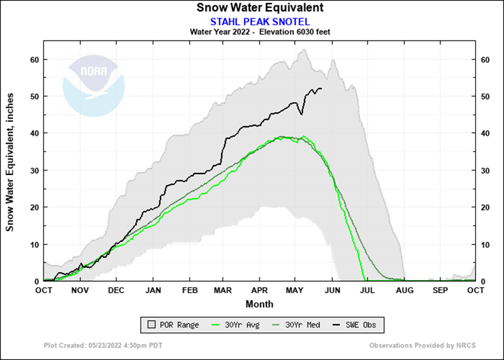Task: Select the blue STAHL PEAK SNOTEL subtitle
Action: click(259, 21)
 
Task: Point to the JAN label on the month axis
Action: click(152, 291)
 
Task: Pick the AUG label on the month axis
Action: click(404, 291)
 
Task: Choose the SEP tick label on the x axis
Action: click(440, 291)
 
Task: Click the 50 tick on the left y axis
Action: click(36, 97)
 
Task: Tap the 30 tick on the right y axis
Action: click(485, 171)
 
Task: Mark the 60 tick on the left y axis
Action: click(36, 59)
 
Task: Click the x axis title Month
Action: click(259, 304)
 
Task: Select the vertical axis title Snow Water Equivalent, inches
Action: click(10, 162)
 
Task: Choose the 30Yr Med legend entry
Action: click(298, 325)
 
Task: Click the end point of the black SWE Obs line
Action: click(322, 88)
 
